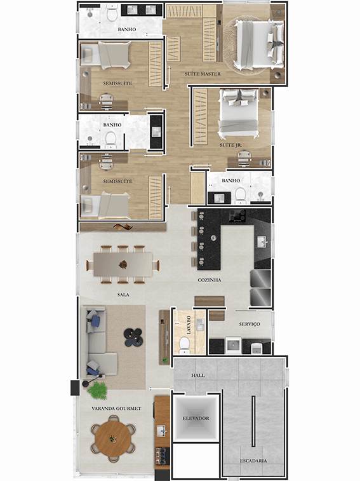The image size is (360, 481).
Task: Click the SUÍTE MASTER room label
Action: (x=203, y=74)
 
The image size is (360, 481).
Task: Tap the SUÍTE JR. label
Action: (x=231, y=145)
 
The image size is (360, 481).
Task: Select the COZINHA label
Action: (x=210, y=280)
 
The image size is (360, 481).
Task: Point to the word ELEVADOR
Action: (x=196, y=419)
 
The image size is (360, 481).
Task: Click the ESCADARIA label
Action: (x=253, y=461)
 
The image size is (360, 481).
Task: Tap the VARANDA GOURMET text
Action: (x=116, y=409)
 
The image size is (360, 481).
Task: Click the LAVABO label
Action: (x=189, y=325)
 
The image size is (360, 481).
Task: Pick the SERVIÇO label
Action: (x=250, y=324)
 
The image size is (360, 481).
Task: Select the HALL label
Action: (x=198, y=375)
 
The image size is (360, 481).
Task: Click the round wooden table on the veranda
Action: (x=113, y=438)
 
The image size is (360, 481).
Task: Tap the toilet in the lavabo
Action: (x=185, y=344)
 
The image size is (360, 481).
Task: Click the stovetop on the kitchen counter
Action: (x=237, y=216)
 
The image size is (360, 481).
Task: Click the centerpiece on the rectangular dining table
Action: (x=123, y=264)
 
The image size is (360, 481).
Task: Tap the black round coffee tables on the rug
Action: (x=134, y=337)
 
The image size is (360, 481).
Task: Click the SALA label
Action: (x=123, y=295)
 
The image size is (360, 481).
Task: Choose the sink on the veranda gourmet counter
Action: (x=162, y=431)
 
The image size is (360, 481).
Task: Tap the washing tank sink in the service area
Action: (x=234, y=346)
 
